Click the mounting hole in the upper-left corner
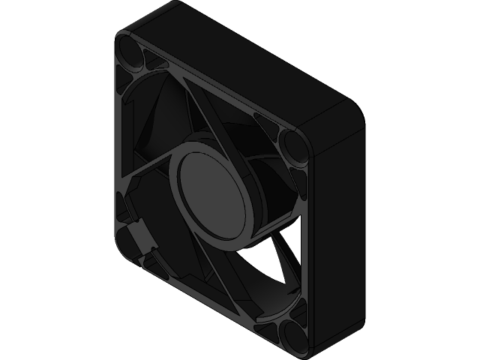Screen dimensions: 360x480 (x=129, y=52)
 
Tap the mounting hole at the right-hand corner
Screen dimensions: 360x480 (x=292, y=145)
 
